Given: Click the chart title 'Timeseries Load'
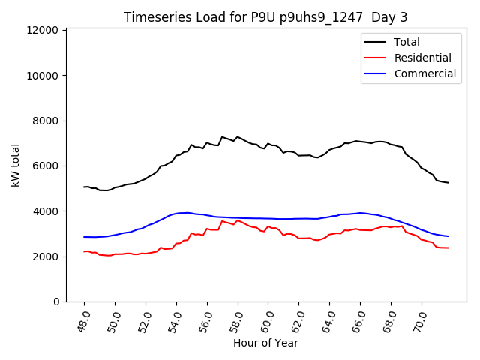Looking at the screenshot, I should tap(265, 17).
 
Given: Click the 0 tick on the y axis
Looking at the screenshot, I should tap(56, 301).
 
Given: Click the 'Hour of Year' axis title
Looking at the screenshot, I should tap(265, 343).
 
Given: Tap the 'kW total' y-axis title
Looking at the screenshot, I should tap(16, 165).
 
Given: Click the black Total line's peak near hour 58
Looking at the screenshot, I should tap(238, 137).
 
